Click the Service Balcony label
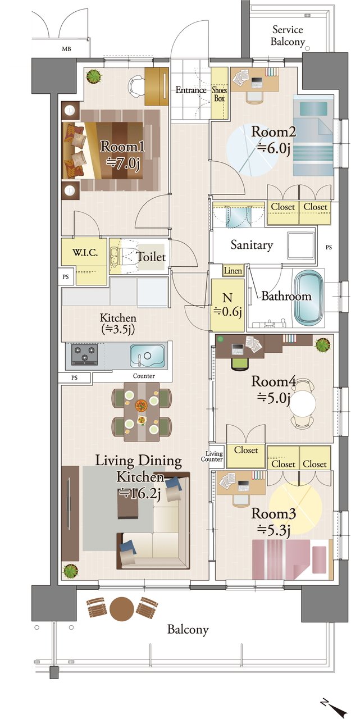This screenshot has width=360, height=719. pos(287,35)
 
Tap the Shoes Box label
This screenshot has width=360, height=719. pos(219,94)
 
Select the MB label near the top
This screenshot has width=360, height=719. pos(66,49)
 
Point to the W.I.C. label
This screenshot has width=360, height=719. pos(85,252)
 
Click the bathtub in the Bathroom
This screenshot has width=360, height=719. pos(308,297)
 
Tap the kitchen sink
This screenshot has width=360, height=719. pos(148,356)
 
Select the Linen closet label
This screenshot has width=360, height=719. pos(233,271)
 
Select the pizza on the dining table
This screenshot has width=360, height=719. pos(141,406)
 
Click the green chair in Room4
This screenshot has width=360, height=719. pos(240,363)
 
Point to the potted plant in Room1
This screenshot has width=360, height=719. pos(94,77)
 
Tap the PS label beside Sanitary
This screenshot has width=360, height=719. pos(328,248)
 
